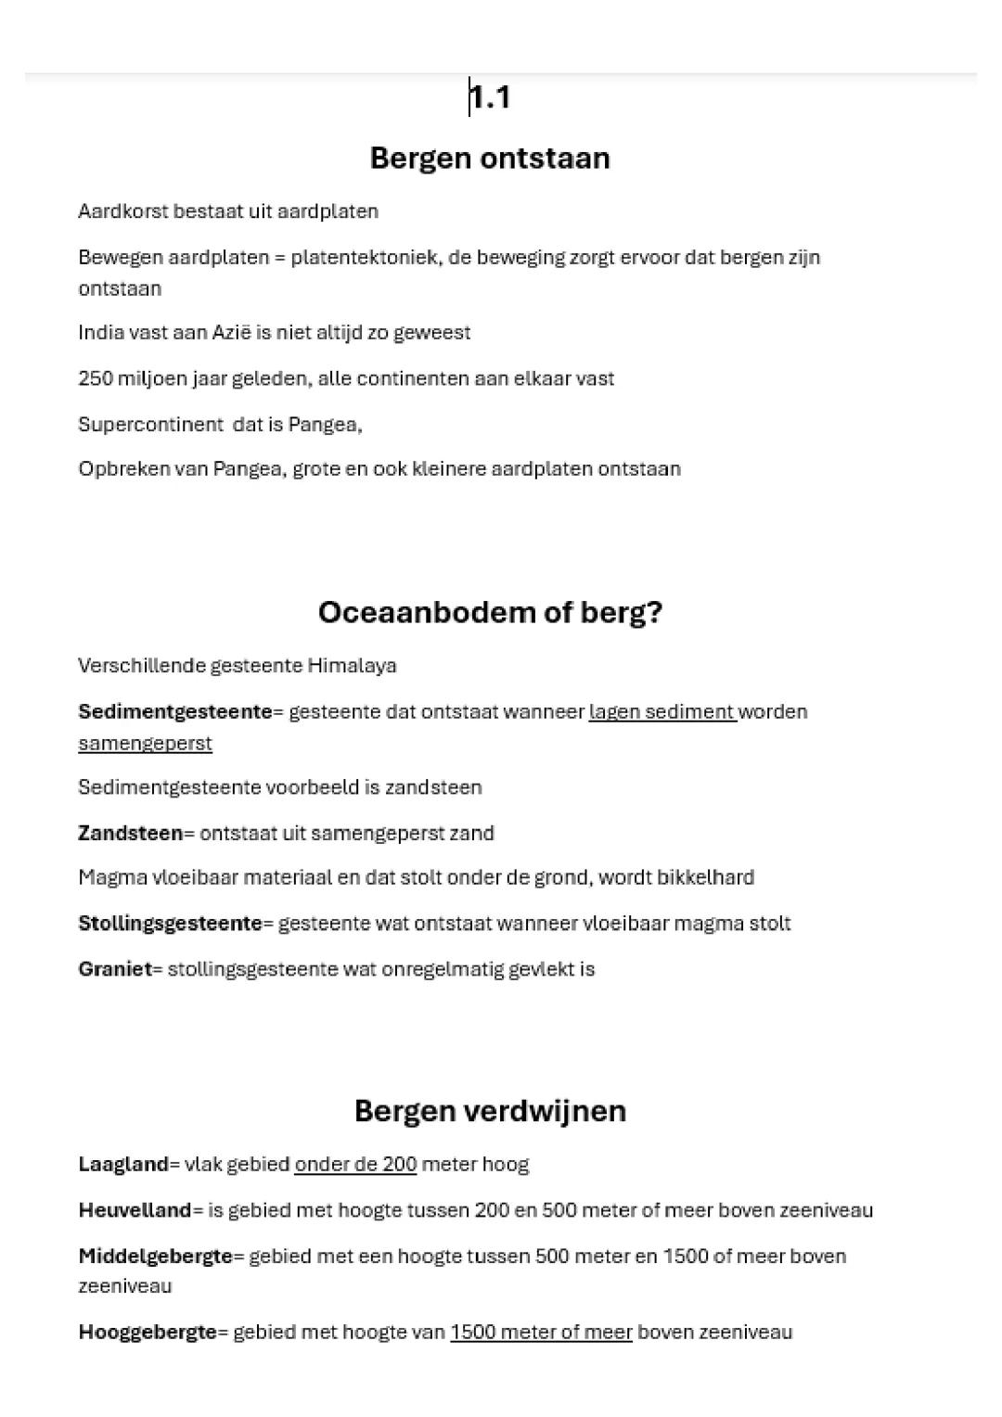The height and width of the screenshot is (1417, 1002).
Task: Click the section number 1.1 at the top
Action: [x=490, y=97]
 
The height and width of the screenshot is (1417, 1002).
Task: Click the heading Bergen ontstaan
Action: [x=490, y=158]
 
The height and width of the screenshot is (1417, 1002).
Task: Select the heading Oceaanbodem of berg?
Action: [x=490, y=612]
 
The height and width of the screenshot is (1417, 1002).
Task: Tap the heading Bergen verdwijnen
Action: [x=490, y=1110]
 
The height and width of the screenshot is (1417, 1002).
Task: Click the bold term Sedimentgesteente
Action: [x=174, y=712]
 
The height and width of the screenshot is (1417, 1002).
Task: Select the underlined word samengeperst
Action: [x=145, y=744]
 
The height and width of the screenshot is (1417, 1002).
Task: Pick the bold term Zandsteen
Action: [x=130, y=833]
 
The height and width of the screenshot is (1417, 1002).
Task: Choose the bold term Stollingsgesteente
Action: [x=170, y=924]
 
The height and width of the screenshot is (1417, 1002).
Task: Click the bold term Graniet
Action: [x=114, y=969]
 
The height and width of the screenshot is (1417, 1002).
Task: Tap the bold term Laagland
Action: [x=123, y=1165]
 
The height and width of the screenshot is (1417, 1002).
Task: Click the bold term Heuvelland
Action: [x=135, y=1210]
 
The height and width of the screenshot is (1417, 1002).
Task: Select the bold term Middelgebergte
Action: [x=155, y=1257]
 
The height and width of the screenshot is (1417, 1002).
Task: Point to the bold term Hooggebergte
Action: [x=147, y=1333]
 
